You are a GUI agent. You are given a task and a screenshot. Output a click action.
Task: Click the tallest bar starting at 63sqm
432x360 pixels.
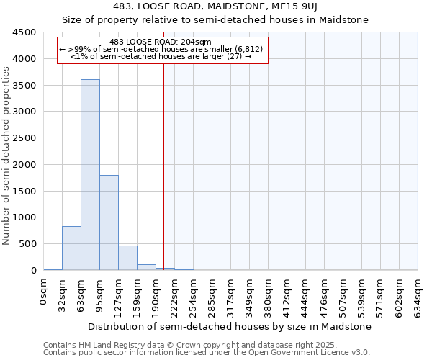pyautogui.click(x=90, y=175)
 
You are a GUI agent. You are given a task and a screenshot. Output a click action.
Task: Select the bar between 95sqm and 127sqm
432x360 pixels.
pyautogui.click(x=109, y=222)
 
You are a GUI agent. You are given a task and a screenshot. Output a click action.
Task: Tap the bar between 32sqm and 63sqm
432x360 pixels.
pyautogui.click(x=71, y=248)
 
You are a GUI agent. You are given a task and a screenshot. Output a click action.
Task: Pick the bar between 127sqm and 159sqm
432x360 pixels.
pyautogui.click(x=127, y=258)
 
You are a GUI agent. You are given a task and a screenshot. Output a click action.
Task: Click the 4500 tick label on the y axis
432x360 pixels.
pyautogui.click(x=24, y=32)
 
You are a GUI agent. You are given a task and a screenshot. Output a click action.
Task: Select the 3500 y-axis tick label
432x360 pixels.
pyautogui.click(x=24, y=85)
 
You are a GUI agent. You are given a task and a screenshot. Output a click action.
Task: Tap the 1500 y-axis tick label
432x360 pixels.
pyautogui.click(x=24, y=191)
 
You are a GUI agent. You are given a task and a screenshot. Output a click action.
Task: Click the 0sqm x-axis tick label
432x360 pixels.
pyautogui.click(x=44, y=292)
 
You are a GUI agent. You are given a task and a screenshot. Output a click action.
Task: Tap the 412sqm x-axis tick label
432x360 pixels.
pyautogui.click(x=287, y=294)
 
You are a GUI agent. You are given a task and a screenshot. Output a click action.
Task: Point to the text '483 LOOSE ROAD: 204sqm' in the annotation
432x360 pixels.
pyautogui.click(x=161, y=42)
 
